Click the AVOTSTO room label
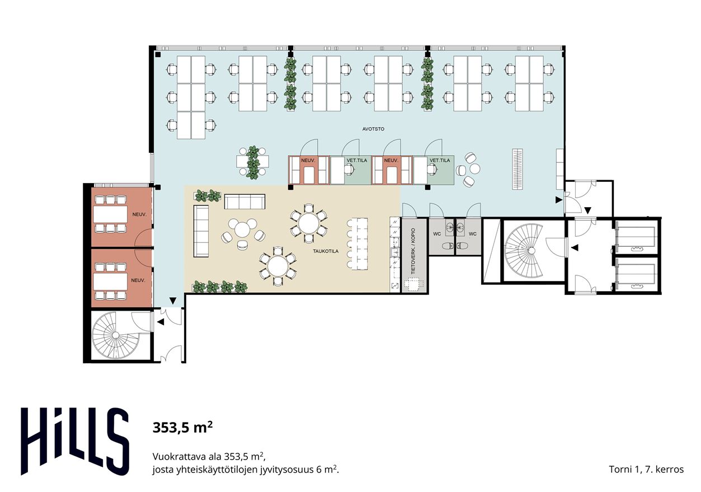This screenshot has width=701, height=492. click(373, 129)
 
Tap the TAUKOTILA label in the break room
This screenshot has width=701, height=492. click(326, 251)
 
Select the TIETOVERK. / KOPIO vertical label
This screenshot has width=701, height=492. click(413, 251)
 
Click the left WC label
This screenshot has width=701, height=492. click(437, 233)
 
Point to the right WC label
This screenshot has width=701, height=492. click(473, 233)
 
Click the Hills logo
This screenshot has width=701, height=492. click(75, 442)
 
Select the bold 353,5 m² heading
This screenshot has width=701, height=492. click(182, 427)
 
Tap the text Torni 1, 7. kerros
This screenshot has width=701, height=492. click(646, 469)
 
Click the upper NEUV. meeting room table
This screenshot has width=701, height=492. click(110, 214)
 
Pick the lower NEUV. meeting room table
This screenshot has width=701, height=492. click(110, 282)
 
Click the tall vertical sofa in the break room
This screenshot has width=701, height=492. click(201, 231)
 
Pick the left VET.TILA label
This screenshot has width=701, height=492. click(357, 160)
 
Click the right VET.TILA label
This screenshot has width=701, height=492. click(440, 160)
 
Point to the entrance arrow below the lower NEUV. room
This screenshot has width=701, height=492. click(172, 301)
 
